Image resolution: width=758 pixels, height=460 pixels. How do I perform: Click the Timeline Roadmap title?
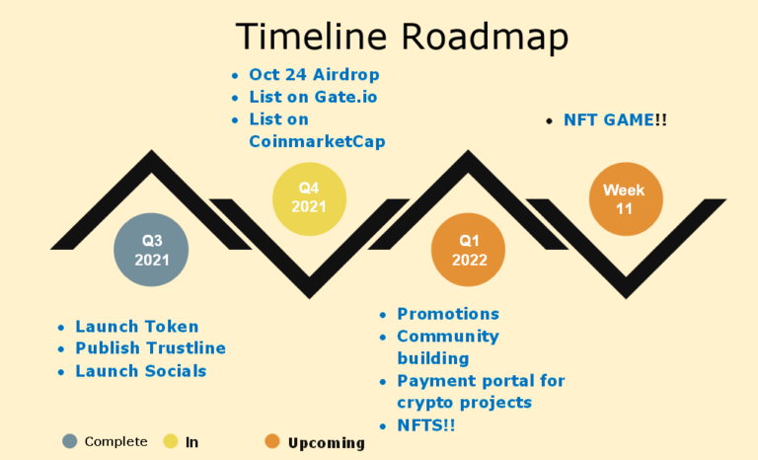(402, 37)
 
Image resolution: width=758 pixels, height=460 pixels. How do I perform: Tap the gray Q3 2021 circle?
(151, 250)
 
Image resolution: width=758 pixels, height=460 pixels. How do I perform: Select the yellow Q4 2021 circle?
(309, 198)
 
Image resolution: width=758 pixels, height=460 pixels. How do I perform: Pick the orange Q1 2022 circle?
(468, 250)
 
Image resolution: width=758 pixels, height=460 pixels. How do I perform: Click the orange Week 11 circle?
(626, 198)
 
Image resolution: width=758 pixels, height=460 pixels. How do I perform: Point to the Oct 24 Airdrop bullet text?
(314, 74)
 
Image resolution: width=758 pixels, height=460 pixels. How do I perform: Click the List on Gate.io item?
(313, 97)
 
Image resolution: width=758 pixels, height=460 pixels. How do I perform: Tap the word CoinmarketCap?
(317, 141)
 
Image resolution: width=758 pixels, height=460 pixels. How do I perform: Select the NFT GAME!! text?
(616, 120)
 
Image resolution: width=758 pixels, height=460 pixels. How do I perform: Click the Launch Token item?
(137, 327)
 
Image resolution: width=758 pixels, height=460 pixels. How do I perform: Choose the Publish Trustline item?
(150, 348)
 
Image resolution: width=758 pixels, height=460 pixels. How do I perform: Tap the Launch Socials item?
(141, 371)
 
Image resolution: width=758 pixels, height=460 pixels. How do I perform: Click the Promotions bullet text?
(448, 314)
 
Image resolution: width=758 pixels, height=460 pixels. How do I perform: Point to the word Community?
(448, 337)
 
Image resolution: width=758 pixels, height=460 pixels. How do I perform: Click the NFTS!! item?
(426, 425)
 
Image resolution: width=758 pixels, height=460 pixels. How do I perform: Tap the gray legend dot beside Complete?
(70, 441)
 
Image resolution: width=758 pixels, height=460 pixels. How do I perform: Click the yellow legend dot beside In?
(171, 441)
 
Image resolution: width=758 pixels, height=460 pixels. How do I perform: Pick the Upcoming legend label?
(327, 443)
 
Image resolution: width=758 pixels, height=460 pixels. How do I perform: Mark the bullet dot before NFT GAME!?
(549, 121)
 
